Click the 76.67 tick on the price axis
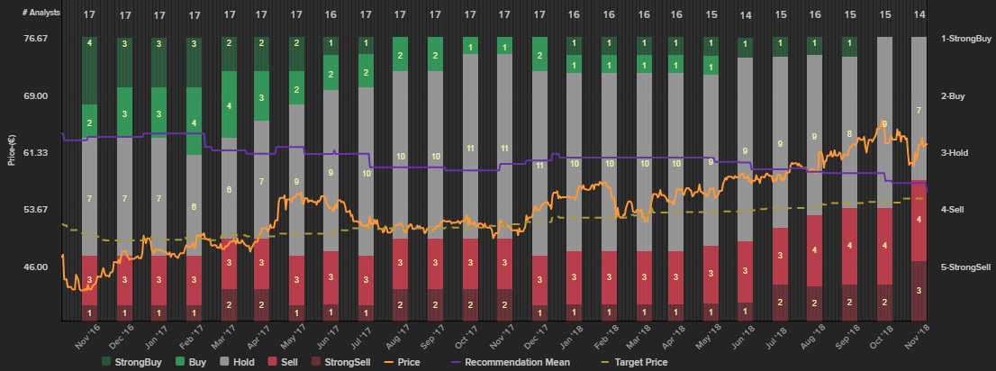[x=36, y=39]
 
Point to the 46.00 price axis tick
[x=36, y=267]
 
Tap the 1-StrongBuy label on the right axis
[x=965, y=39]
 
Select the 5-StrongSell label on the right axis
[x=966, y=267]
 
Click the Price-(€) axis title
[x=12, y=149]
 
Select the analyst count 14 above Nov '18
[x=919, y=15]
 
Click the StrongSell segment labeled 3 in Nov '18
[x=919, y=291]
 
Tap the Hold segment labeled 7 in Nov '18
[x=919, y=110]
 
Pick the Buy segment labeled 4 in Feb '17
[x=194, y=122]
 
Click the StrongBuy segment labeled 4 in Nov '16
[x=89, y=43]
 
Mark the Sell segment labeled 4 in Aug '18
[x=814, y=249]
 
